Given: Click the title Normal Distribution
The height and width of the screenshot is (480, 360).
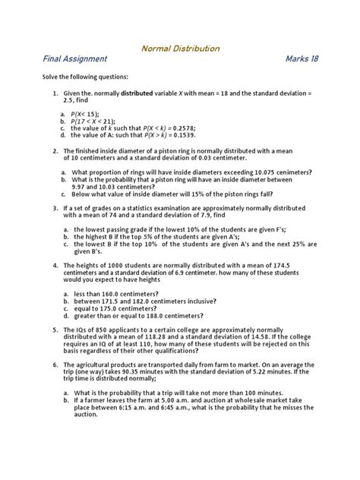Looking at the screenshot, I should [180, 49].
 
